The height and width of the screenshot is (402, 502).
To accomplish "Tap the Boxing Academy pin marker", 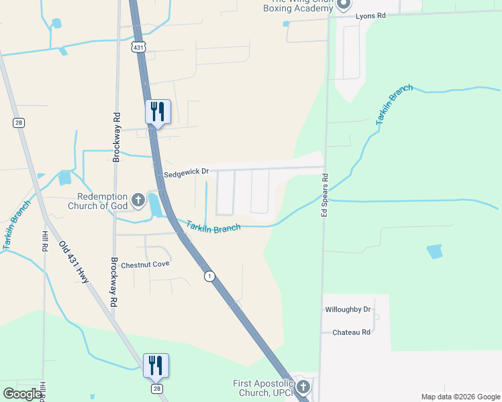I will (x=344, y=4).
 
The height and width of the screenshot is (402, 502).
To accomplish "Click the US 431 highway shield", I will (x=138, y=47).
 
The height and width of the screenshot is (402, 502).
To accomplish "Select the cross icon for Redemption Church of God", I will (x=138, y=200).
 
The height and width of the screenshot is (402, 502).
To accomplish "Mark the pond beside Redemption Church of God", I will (x=155, y=204).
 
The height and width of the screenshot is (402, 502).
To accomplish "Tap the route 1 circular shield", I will (x=209, y=276).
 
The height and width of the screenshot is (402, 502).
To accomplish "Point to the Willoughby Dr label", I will (x=348, y=310).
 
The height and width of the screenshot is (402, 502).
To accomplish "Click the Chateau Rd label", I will (x=351, y=332).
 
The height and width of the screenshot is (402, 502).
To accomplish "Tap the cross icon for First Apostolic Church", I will (x=303, y=387).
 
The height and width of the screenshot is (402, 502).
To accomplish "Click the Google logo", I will (x=23, y=393).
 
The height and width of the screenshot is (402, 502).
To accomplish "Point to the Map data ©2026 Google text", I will (x=459, y=397).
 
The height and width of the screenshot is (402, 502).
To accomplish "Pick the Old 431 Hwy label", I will (x=74, y=262).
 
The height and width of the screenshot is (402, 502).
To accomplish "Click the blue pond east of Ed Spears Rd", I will (x=435, y=251).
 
